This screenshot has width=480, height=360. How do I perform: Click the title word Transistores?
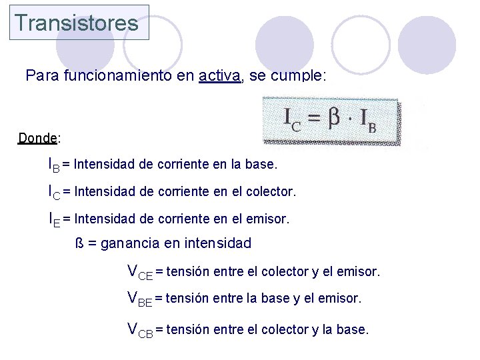tap(77, 23)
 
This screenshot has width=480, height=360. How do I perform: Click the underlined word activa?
tap(219, 76)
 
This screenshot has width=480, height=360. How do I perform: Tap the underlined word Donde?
tap(38, 138)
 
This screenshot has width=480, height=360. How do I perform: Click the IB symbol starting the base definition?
tap(53, 164)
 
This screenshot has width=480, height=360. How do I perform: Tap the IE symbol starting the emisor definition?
tap(53, 219)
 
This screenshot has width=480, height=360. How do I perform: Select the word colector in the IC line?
tap(268, 192)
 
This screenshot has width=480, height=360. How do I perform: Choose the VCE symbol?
tap(140, 272)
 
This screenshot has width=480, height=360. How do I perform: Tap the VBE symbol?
tap(140, 299)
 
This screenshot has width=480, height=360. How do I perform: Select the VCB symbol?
tap(140, 329)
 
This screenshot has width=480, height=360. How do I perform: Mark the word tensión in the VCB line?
tap(188, 329)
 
